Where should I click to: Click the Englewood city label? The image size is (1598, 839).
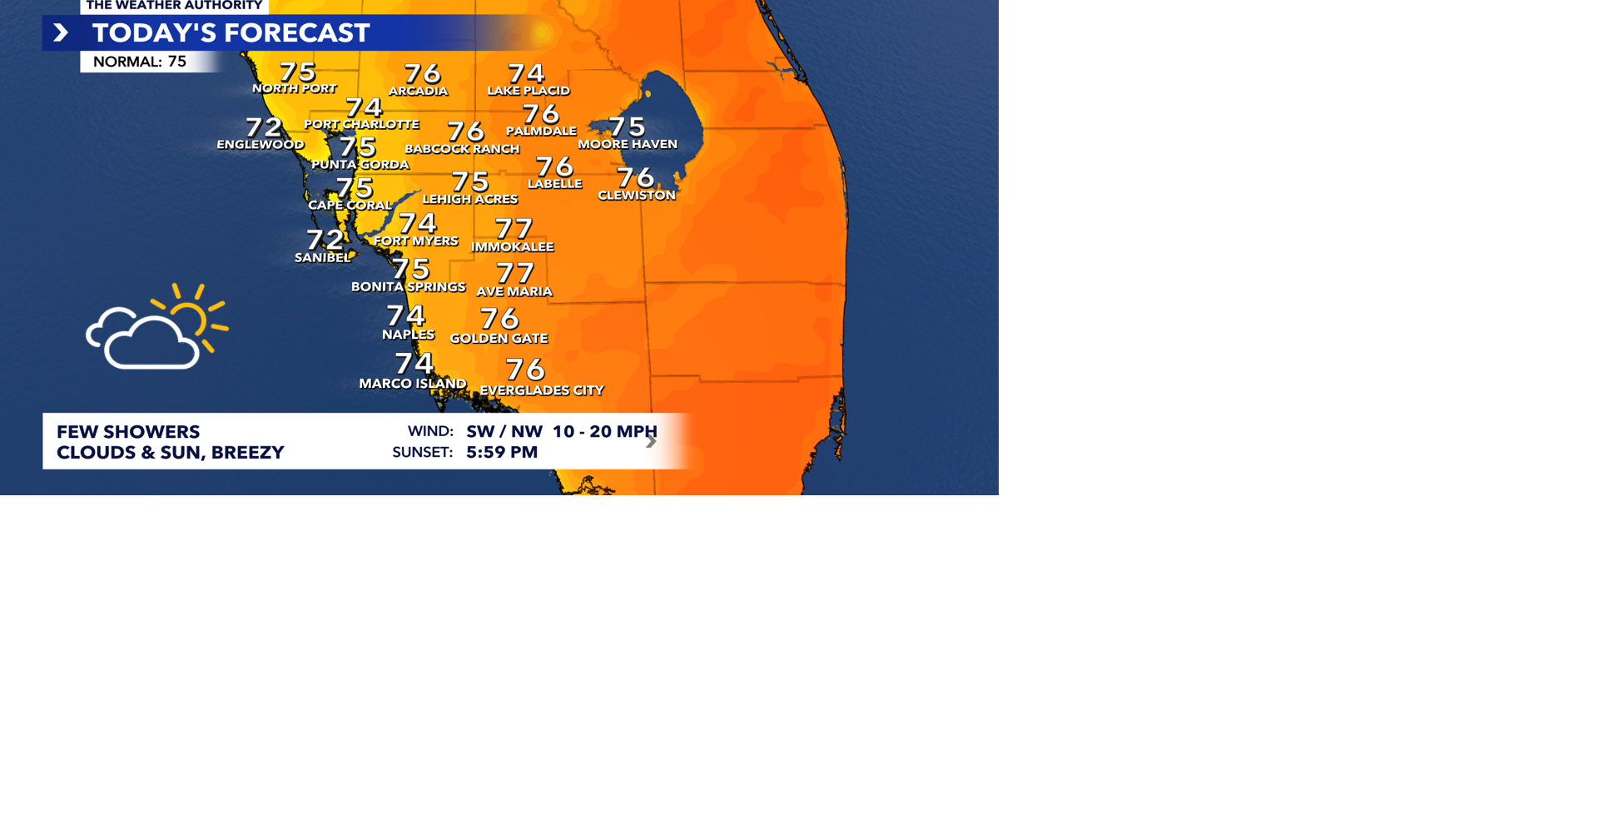(x=260, y=145)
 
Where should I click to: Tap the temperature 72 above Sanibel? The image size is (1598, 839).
(x=325, y=240)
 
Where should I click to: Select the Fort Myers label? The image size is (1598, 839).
(x=415, y=241)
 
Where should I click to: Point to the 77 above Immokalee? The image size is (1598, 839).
(x=513, y=228)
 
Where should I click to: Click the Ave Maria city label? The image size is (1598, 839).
(x=514, y=291)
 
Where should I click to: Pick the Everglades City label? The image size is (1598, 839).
(x=542, y=390)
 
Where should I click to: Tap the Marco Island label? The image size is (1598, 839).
(x=412, y=384)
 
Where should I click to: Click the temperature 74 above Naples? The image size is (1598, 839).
(x=406, y=315)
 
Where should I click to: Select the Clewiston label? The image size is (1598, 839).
(x=637, y=196)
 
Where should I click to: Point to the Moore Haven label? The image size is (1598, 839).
(x=628, y=144)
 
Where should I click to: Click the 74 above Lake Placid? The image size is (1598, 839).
(x=526, y=74)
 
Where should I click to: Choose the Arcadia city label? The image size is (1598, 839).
(x=418, y=91)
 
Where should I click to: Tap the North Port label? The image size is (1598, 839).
(x=295, y=88)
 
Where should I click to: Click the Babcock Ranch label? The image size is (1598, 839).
(x=462, y=149)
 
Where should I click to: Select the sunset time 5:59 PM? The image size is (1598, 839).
(x=502, y=452)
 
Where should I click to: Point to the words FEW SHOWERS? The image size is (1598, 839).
(x=128, y=432)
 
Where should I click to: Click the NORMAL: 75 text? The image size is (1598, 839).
(x=140, y=62)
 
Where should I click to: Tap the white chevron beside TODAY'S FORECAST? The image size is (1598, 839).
(x=61, y=33)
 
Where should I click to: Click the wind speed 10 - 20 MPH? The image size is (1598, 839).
(x=604, y=431)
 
